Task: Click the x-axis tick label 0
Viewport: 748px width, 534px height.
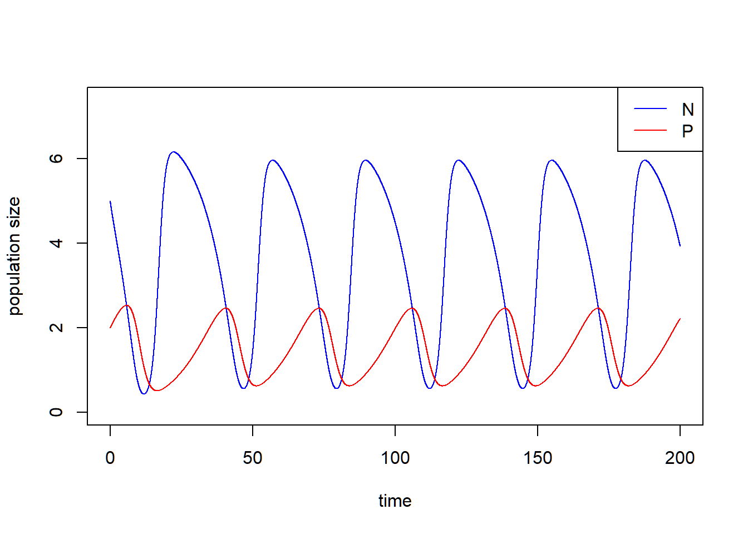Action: pos(110,458)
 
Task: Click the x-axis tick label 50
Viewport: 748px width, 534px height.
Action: pos(253,458)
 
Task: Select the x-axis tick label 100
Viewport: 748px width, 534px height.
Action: pos(395,458)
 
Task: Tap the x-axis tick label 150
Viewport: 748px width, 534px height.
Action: pos(538,458)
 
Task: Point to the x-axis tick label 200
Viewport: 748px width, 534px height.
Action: pos(680,458)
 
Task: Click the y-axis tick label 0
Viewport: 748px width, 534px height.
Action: pos(56,412)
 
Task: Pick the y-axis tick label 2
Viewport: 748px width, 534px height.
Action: pos(56,328)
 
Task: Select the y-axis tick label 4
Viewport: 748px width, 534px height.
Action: pos(56,243)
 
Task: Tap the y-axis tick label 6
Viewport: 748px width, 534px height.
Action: pos(56,159)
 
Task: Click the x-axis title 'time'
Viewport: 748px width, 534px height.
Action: pos(395,501)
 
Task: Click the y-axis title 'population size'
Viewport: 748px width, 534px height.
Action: pos(14,256)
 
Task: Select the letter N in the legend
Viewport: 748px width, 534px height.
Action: pos(688,110)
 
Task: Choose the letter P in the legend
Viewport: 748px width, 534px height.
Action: pos(688,131)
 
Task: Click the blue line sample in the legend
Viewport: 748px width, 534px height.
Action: pos(650,109)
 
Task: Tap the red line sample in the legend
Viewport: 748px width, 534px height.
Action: pos(650,130)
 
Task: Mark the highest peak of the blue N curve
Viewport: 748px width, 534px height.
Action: pos(174,152)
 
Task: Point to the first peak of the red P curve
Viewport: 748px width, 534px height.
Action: pos(127,305)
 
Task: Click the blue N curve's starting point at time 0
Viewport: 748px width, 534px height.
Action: pos(110,201)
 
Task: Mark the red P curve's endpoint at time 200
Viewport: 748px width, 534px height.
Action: pos(680,319)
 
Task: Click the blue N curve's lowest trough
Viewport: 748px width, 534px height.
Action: pos(144,394)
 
